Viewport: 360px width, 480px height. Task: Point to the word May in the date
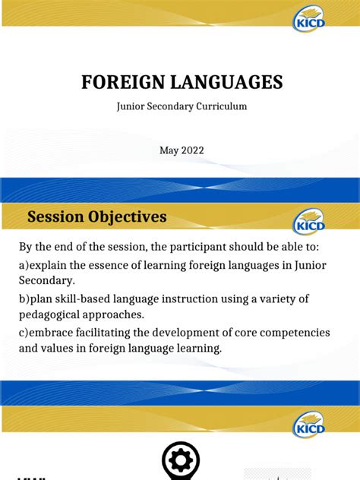(x=168, y=150)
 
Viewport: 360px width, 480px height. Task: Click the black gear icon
(x=181, y=460)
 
